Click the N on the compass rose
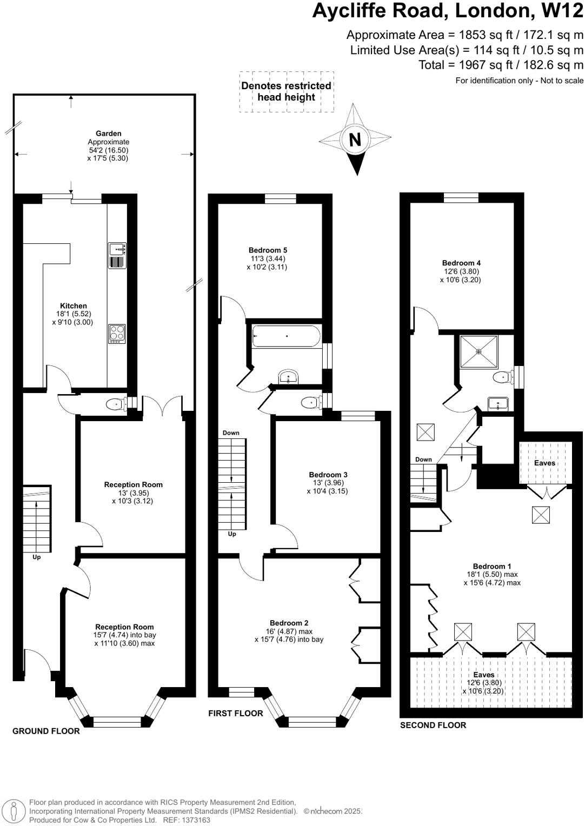point(355,139)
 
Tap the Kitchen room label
point(74,306)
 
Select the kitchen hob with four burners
point(117,333)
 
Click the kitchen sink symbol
point(117,249)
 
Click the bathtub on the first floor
point(287,336)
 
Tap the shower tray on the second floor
point(478,352)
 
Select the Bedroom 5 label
point(268,250)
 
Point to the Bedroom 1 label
point(492,566)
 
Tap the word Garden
point(108,134)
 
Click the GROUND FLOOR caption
point(46,731)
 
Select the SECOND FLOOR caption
point(433,725)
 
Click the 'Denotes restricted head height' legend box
point(286,92)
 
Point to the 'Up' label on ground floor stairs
point(37,557)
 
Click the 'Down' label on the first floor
point(231,433)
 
